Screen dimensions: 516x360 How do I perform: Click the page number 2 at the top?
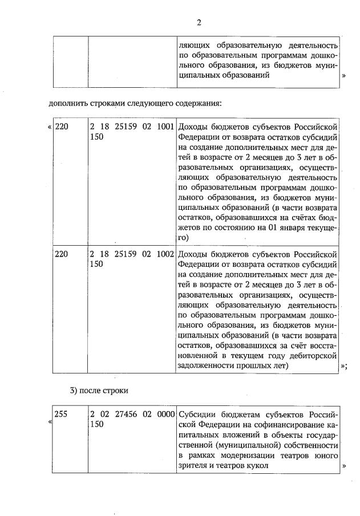click(x=199, y=23)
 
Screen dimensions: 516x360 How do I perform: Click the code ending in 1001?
click(x=132, y=127)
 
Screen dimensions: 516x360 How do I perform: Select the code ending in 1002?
click(x=132, y=254)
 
